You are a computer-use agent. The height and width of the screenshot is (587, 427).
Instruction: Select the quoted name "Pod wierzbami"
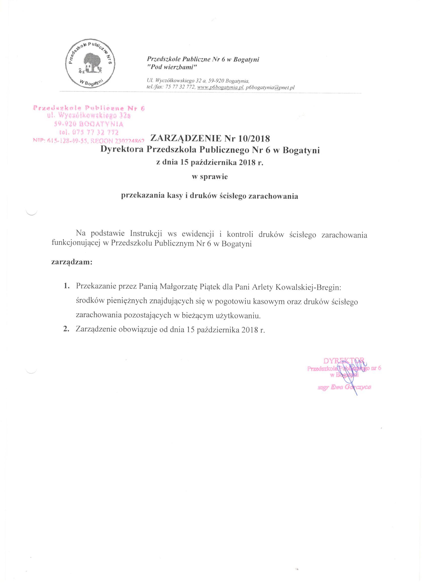172,67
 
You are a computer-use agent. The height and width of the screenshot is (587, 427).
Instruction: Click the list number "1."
67,287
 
